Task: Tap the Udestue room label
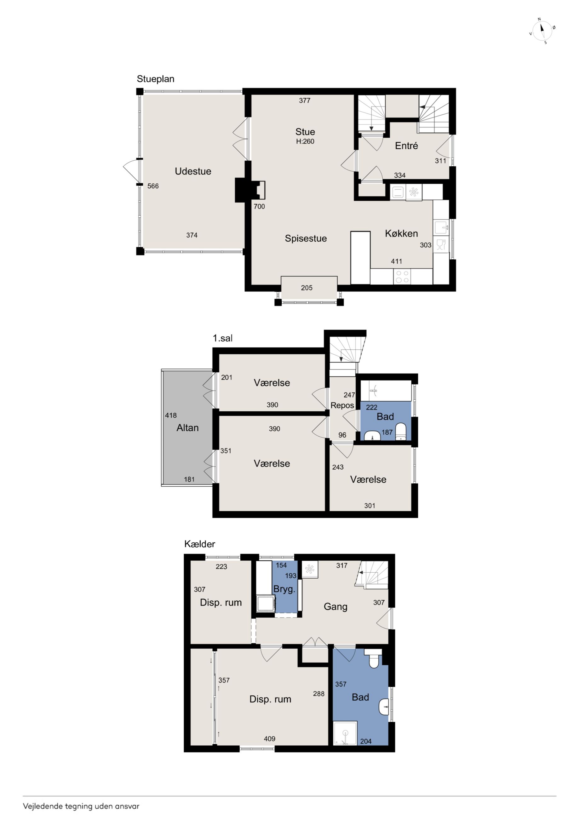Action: coord(193,171)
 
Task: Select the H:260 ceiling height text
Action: coord(305,142)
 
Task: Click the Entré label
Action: coord(406,146)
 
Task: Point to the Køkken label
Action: coord(401,234)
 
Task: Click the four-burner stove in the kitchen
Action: coord(402,277)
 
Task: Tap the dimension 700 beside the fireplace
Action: coord(259,207)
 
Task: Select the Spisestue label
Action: coord(306,239)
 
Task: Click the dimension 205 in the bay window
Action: coord(307,288)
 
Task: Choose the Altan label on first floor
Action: coord(187,428)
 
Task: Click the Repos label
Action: coord(342,406)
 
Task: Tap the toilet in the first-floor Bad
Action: coord(401,432)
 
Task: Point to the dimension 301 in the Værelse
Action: coord(370,506)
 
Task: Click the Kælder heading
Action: coord(199,544)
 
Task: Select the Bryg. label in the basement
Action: coord(284,589)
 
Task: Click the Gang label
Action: coord(335,607)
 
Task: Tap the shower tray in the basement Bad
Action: coord(345,733)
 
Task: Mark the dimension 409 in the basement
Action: coord(269,739)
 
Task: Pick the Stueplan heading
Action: coord(156,79)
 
